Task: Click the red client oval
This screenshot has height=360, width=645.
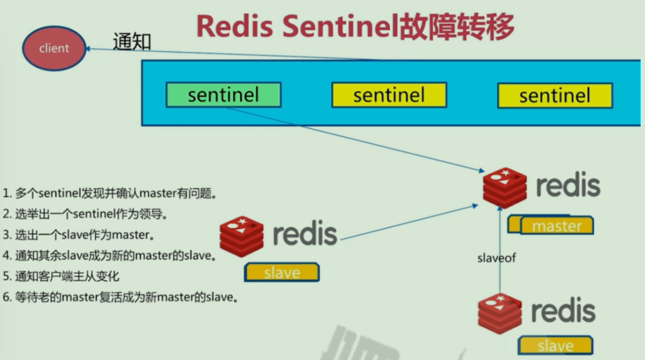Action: pyautogui.click(x=54, y=48)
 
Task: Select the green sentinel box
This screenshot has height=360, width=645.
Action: pyautogui.click(x=223, y=95)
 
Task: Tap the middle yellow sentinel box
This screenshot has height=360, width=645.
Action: pyautogui.click(x=388, y=95)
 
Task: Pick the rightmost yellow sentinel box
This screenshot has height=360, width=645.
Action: pyautogui.click(x=555, y=95)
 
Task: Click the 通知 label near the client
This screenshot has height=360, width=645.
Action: pyautogui.click(x=133, y=41)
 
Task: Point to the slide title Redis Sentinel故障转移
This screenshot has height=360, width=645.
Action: pyautogui.click(x=355, y=26)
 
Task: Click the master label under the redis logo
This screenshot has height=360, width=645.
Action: pyautogui.click(x=557, y=226)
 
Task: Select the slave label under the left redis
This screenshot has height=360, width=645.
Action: pyautogui.click(x=282, y=273)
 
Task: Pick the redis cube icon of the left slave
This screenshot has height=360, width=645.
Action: pyautogui.click(x=241, y=235)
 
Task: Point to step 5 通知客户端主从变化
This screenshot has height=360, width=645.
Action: pyautogui.click(x=61, y=276)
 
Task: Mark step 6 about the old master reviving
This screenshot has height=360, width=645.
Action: pyautogui.click(x=121, y=297)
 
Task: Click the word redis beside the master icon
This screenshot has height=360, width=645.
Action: pyautogui.click(x=568, y=185)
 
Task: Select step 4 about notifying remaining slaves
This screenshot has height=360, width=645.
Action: pyautogui.click(x=109, y=256)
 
